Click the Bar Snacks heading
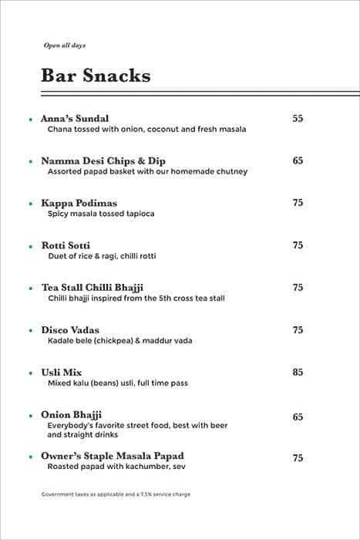coord(96,76)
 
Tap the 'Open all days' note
coord(64,46)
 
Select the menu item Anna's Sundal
coord(75,118)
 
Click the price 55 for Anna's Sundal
coord(298,118)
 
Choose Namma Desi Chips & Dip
coord(103,160)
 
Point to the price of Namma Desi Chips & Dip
coord(298,160)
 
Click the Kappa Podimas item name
coord(79,203)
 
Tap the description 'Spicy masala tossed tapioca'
coord(101,214)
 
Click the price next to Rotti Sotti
coord(298,245)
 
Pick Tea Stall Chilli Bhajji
coord(93,288)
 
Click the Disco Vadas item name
coord(70,330)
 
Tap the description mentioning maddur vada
coord(119,341)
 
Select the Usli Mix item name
coord(62,373)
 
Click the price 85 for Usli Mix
coord(298,373)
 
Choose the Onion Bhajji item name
coord(72,415)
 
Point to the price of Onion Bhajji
coord(298,417)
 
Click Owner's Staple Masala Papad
coord(113,456)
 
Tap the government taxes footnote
coord(116,494)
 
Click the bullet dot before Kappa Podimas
coord(30,204)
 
